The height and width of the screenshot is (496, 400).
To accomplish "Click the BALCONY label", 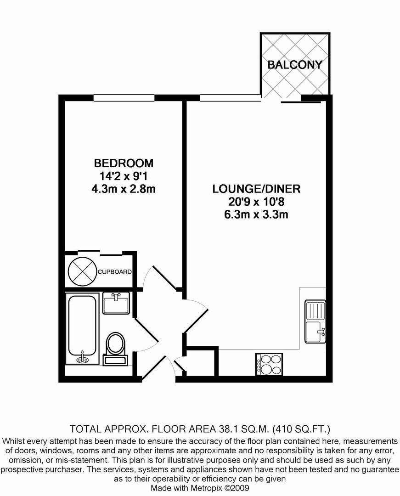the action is [x=295, y=65].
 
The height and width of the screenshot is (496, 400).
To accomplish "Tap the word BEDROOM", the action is [x=124, y=163].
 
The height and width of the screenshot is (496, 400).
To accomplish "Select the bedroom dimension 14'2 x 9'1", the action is [x=124, y=176].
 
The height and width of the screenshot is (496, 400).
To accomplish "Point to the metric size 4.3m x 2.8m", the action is [x=124, y=189].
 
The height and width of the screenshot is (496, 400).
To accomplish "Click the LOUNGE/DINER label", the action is [x=256, y=189].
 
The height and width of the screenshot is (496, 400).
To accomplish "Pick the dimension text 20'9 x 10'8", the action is [x=256, y=202].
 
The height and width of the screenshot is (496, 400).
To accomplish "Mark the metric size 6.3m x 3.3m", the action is [x=256, y=215].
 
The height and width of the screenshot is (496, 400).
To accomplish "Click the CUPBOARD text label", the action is [x=114, y=272].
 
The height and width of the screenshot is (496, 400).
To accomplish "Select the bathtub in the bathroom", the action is [x=82, y=329].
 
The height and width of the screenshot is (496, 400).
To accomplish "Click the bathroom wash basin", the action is [x=116, y=303].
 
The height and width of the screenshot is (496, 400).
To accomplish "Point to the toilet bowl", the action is [x=116, y=344].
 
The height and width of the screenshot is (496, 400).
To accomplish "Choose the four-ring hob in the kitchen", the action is [x=269, y=364].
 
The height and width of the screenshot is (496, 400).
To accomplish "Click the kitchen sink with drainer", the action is [x=315, y=321].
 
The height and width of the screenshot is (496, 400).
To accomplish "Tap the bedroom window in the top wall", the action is [x=124, y=98].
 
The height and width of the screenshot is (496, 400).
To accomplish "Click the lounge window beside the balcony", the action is [x=231, y=98].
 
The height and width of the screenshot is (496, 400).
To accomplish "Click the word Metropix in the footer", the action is [x=206, y=488].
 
